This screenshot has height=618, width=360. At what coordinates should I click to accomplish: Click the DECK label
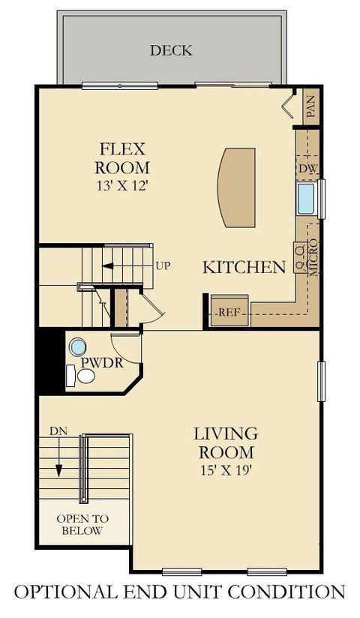(x=171, y=50)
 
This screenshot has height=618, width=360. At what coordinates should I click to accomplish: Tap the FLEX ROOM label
(x=122, y=158)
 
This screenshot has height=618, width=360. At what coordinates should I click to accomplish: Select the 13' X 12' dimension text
(x=122, y=186)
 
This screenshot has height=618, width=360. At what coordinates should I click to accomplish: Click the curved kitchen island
(x=236, y=187)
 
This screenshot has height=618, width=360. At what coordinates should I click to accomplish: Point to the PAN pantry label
(x=311, y=106)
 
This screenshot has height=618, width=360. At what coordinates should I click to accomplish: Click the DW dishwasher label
(x=308, y=169)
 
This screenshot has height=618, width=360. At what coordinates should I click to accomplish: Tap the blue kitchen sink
(x=306, y=199)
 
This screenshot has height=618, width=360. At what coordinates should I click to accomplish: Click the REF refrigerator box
(x=229, y=310)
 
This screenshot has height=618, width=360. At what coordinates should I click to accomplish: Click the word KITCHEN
(x=244, y=267)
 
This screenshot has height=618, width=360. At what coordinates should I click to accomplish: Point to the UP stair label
(x=163, y=266)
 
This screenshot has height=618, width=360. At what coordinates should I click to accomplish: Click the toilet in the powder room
(x=81, y=376)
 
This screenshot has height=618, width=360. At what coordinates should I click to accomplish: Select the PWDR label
(x=102, y=362)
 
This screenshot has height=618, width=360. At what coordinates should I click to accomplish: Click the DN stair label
(x=58, y=430)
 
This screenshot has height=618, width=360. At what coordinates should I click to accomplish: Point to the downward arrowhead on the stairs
(x=58, y=470)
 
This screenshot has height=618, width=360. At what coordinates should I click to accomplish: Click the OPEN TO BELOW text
(x=82, y=524)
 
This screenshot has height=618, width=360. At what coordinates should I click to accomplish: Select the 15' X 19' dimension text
(x=226, y=470)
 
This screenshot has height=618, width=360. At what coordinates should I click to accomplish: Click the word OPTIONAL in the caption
(x=64, y=592)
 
